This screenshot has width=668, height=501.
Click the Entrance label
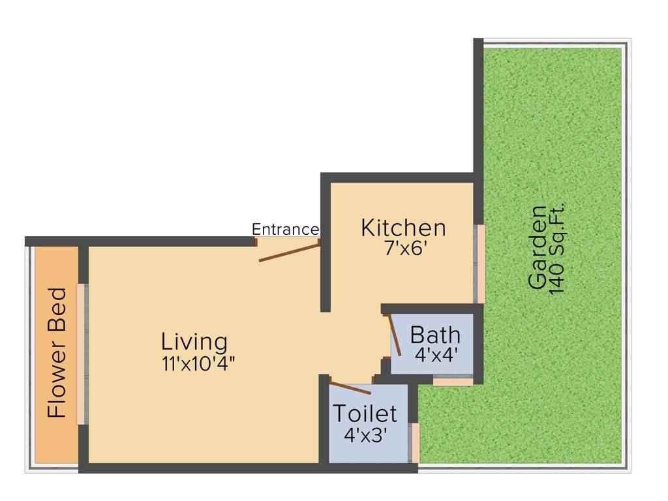coord(285,230)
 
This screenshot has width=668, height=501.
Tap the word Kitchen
coord(404,228)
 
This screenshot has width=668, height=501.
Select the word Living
coord(194,341)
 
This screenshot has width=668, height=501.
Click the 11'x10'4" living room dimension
coord(198,363)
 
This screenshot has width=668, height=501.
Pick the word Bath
coord(435,335)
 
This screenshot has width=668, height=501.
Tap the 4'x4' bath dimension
coord(435,354)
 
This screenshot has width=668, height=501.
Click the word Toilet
coord(365,414)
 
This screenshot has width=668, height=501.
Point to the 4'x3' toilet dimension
coord(366,434)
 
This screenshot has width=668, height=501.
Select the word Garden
coord(538,247)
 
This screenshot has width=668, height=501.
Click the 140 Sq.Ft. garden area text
coord(558,247)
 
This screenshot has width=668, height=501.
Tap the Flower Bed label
coord(57,352)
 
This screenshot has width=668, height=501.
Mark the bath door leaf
coord(395,335)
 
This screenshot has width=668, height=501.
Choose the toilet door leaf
coord(351,387)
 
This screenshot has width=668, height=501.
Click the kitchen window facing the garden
coord(479,264)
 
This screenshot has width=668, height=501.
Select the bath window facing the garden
coord(453,380)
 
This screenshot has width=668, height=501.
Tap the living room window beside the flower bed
coord(82,354)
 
